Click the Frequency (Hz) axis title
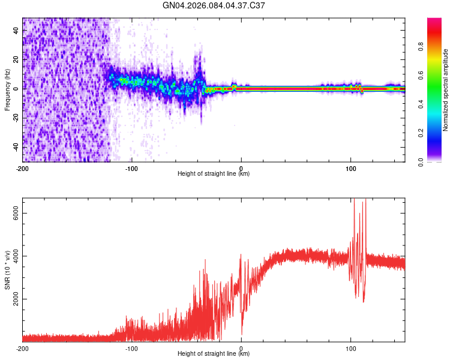[x=7, y=89]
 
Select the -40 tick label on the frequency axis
[x=17, y=147]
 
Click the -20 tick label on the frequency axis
[x=17, y=118]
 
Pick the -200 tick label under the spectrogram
[x=23, y=168]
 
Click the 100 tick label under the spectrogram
[x=350, y=168]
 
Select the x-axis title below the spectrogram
[x=214, y=174]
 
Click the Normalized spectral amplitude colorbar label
[x=445, y=90]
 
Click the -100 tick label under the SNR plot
[x=132, y=348]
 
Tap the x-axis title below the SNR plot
[x=214, y=354]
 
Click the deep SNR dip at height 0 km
[x=242, y=334]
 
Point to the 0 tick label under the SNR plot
[x=241, y=348]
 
